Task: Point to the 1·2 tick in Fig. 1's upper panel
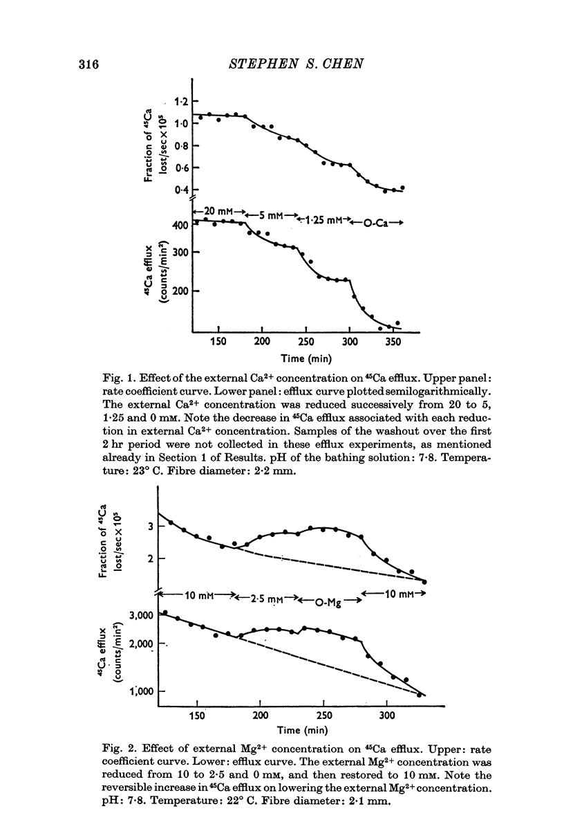(181, 102)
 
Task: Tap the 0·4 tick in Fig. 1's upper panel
(181, 190)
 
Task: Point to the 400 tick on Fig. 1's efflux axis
(180, 226)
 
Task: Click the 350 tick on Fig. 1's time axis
(393, 342)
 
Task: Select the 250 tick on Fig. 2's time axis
(323, 716)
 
